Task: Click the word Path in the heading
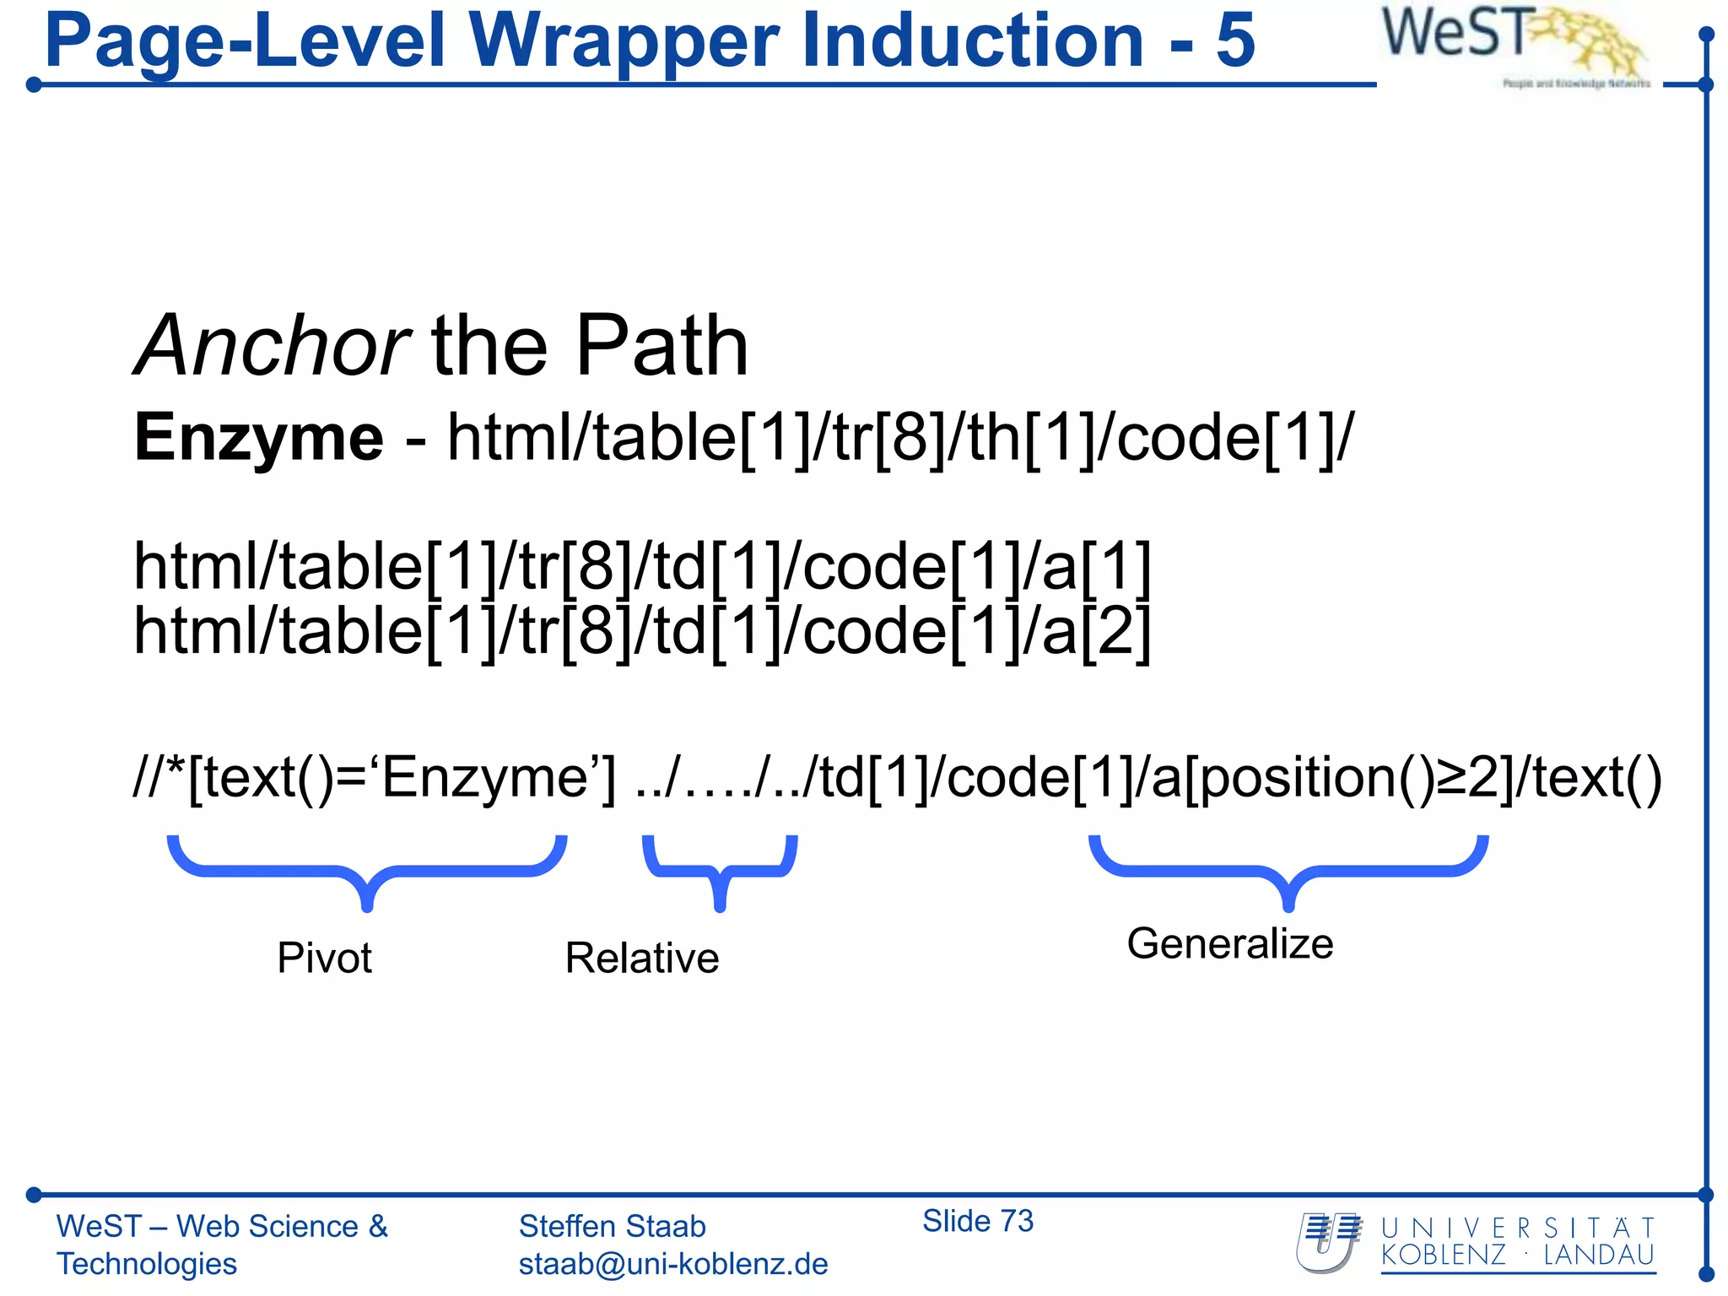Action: click(x=661, y=346)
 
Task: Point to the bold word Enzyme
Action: click(x=258, y=438)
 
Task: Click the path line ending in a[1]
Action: click(x=642, y=566)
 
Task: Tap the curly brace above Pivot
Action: click(x=366, y=869)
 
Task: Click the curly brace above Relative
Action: click(x=720, y=869)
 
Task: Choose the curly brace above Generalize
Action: click(x=1288, y=869)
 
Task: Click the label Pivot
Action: click(x=324, y=958)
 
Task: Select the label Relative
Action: click(x=642, y=958)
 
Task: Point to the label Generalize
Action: click(x=1230, y=943)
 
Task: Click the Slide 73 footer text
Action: click(x=977, y=1221)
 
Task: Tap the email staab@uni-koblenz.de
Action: click(x=673, y=1264)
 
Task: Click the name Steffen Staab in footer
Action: click(x=612, y=1226)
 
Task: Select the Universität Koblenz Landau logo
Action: click(x=1476, y=1242)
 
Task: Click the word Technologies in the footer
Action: click(x=147, y=1264)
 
